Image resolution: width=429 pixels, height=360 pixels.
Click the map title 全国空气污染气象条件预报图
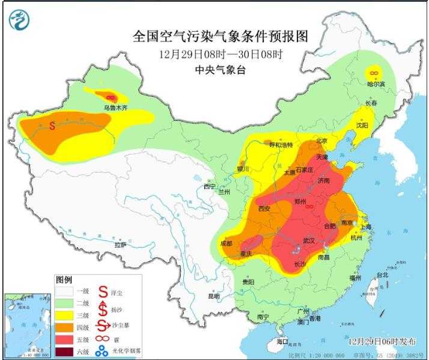220,37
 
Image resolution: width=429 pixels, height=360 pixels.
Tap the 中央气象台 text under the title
221,70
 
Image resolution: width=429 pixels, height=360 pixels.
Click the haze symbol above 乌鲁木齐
110,97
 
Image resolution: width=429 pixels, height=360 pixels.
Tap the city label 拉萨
120,245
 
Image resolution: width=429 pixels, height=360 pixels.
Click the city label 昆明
214,296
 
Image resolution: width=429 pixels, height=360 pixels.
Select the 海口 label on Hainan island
282,341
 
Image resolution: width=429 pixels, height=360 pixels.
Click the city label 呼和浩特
281,145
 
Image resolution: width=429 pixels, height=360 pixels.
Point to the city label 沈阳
361,126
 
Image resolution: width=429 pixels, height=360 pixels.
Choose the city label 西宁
209,186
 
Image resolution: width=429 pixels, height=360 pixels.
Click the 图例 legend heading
64,280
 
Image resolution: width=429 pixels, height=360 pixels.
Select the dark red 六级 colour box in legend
64,352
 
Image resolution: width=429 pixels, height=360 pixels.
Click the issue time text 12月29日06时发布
382,341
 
